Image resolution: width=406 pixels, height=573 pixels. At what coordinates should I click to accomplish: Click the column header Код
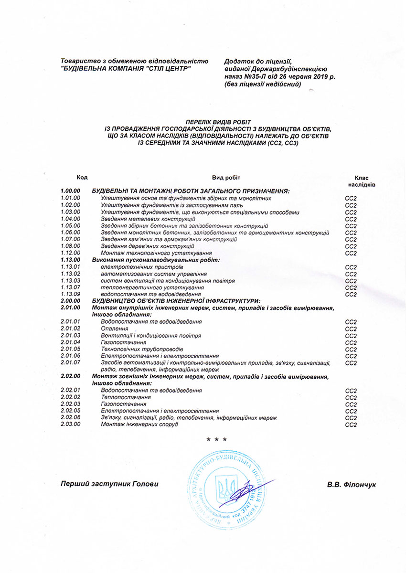[82, 177]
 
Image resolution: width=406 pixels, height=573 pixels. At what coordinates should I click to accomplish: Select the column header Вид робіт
[226, 177]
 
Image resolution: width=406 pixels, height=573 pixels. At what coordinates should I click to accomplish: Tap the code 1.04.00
[70, 219]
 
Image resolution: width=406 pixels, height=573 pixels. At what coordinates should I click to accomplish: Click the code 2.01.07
[70, 362]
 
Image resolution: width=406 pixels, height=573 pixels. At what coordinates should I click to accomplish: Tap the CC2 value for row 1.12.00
[351, 253]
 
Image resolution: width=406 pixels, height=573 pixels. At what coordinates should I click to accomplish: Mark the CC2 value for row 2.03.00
[351, 424]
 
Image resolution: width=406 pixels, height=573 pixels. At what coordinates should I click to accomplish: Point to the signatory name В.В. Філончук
[352, 484]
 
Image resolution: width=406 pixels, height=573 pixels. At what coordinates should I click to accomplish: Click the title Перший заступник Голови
[109, 484]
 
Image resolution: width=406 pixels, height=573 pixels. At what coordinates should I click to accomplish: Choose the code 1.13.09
[70, 294]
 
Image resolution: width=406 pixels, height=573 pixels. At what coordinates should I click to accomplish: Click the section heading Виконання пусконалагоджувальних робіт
[155, 260]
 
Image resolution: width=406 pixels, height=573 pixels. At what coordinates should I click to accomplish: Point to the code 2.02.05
[70, 411]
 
